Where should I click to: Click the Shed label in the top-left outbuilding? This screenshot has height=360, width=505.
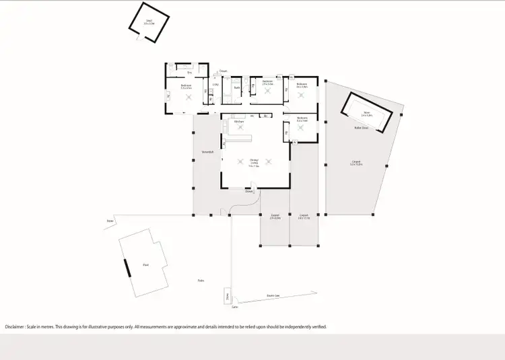point(149,20)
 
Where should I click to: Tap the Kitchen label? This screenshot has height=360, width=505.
point(238,121)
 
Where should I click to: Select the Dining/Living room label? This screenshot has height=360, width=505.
point(254,164)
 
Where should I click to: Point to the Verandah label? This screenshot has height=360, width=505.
point(207,152)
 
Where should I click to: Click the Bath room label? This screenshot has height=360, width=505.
point(237,87)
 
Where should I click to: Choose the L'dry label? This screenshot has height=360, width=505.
point(215,85)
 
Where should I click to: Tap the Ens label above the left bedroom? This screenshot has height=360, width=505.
point(180,72)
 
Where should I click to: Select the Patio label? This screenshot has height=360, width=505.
point(201,281)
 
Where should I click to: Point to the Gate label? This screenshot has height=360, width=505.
point(235,307)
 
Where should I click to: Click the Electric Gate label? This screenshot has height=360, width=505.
point(273,295)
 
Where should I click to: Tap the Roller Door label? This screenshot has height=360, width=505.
point(361,127)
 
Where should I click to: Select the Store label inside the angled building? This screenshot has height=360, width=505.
point(368,113)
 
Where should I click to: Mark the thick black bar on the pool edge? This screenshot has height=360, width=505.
point(126,266)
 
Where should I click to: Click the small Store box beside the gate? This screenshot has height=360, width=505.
point(228,296)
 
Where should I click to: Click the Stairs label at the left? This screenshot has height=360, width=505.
point(109,219)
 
